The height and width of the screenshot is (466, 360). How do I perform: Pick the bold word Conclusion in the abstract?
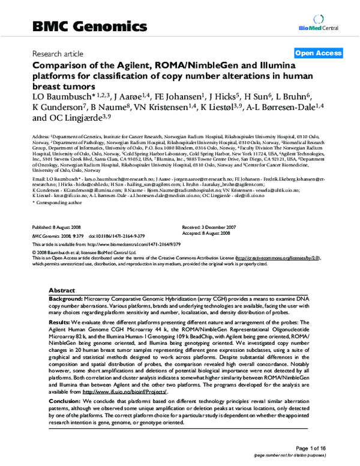tap(65, 401)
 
